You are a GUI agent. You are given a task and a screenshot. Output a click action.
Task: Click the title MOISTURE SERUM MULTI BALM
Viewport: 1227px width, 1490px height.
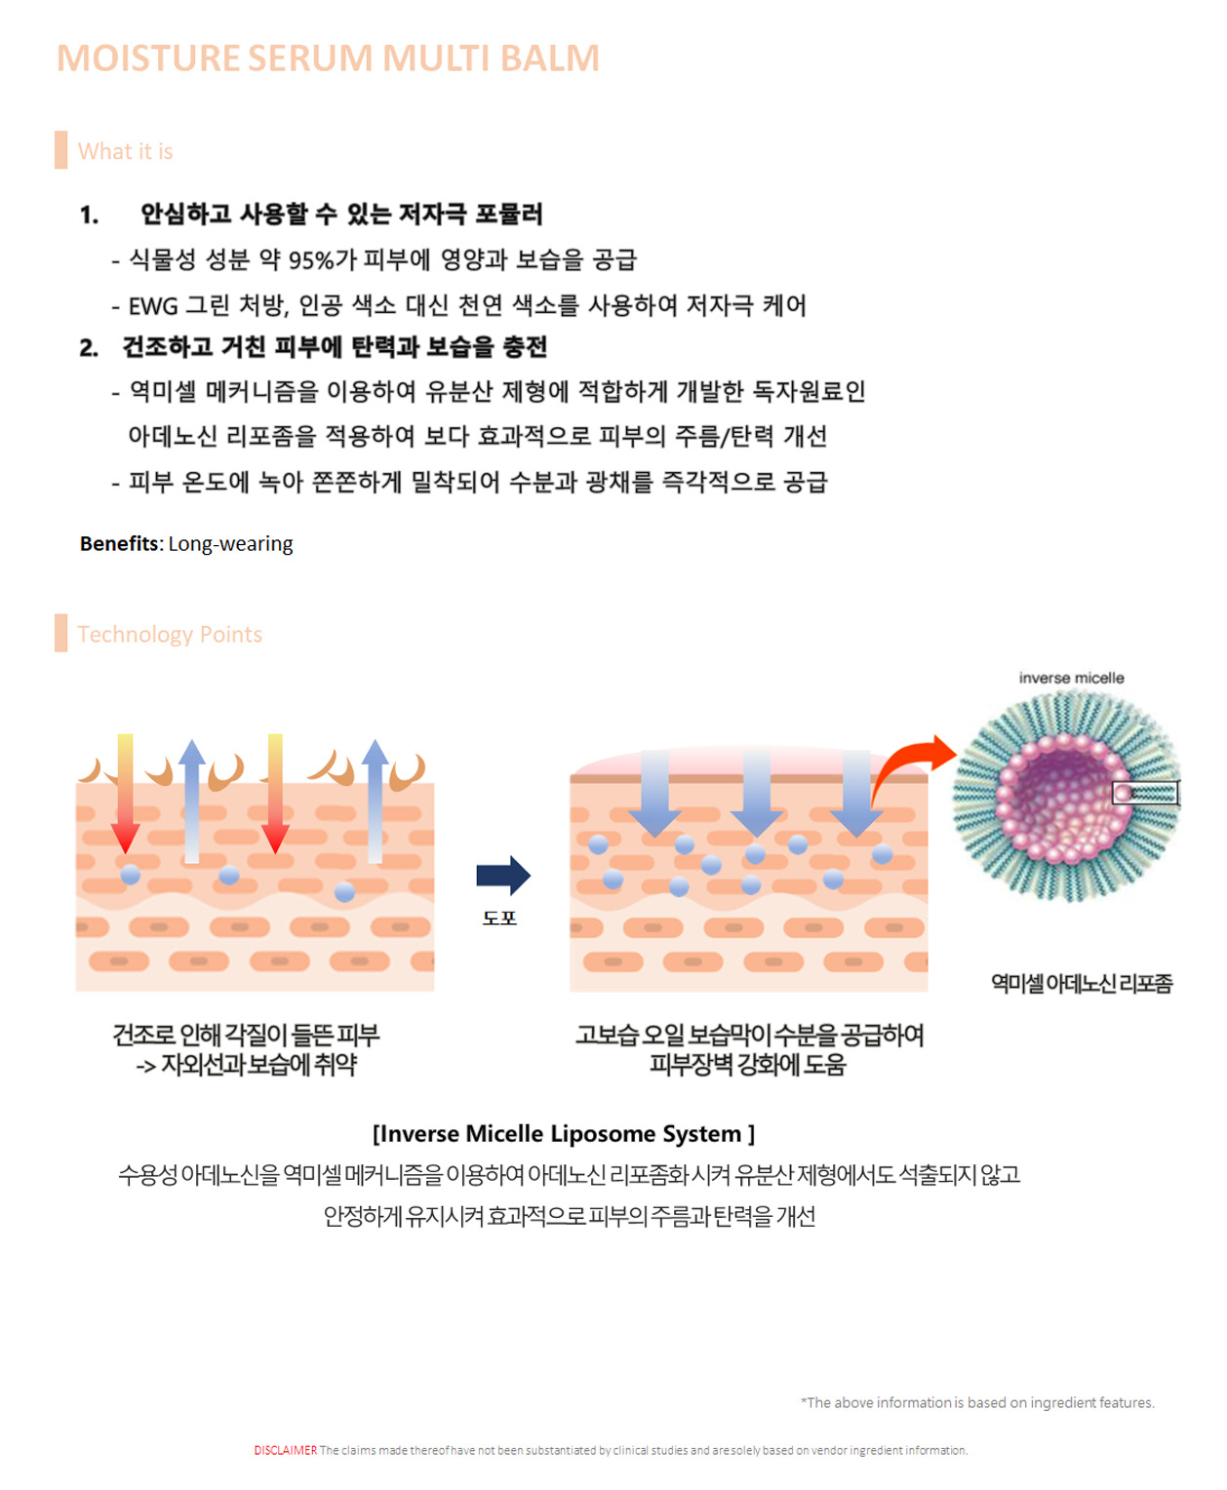(328, 58)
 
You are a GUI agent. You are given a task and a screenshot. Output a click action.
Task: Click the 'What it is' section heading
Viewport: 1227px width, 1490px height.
(125, 151)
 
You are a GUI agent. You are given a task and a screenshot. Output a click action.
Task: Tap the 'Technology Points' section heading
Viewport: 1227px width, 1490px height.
(170, 635)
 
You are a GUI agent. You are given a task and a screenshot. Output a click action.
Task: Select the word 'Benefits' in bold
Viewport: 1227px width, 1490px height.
(119, 543)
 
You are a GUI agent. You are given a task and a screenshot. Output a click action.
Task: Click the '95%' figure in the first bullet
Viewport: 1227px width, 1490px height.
(311, 260)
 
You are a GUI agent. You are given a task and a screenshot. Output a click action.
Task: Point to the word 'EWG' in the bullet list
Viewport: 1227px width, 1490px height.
(153, 306)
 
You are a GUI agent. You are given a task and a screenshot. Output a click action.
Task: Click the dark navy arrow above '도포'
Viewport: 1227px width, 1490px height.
(503, 876)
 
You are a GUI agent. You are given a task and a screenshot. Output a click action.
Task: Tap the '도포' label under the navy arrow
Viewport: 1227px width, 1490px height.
(499, 919)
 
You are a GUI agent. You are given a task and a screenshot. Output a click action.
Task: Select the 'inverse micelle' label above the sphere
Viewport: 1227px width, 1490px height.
(1071, 679)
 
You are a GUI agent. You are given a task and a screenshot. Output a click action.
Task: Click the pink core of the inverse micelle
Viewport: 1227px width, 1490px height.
(1063, 797)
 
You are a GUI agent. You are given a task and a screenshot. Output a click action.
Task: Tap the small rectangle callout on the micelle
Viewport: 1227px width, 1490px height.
(1146, 794)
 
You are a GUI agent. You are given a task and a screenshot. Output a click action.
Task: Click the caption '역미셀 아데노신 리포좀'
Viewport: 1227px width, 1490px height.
(1082, 983)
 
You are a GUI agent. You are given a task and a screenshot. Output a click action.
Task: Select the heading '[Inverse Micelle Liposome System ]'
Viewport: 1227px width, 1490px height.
(564, 1133)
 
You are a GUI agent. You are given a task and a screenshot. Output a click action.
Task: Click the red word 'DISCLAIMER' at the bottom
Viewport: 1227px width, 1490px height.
(286, 1450)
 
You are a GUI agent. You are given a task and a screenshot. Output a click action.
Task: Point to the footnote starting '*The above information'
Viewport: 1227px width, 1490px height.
(977, 1402)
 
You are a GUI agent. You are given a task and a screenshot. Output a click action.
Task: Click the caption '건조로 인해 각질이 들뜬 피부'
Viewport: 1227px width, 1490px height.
(246, 1035)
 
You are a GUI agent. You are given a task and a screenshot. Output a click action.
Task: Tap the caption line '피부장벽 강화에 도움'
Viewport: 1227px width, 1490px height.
(748, 1064)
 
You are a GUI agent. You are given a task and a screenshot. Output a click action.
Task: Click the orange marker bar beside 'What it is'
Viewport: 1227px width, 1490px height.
(60, 150)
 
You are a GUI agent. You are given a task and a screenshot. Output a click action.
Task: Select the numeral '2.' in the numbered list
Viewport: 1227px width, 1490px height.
(89, 347)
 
